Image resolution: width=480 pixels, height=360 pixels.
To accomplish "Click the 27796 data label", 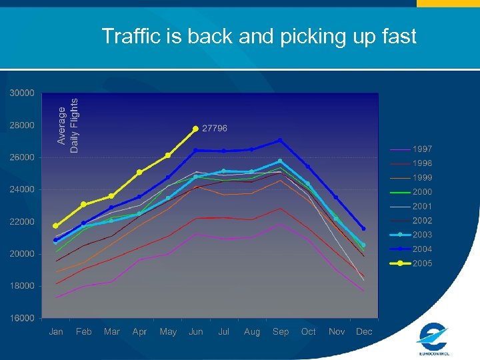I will tap(215, 128).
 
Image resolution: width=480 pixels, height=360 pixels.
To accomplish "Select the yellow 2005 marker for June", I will tap(195, 129).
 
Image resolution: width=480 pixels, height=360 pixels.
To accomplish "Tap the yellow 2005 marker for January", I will tap(55, 226).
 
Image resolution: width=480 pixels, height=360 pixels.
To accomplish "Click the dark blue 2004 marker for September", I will tap(280, 140).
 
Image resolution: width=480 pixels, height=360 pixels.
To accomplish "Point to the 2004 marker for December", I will tap(363, 229).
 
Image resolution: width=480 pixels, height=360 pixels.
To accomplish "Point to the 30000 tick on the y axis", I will tap(22, 93).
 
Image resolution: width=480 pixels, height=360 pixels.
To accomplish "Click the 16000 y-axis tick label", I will tap(22, 318).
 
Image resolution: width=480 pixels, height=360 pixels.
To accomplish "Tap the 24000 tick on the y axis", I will tap(22, 189).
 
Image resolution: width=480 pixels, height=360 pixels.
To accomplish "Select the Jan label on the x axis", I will tap(56, 331).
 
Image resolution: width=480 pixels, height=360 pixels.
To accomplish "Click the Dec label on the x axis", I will tap(364, 331).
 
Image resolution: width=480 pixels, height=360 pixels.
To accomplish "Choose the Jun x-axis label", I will tap(196, 331).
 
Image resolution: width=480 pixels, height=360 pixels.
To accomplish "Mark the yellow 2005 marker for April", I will tap(139, 172).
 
